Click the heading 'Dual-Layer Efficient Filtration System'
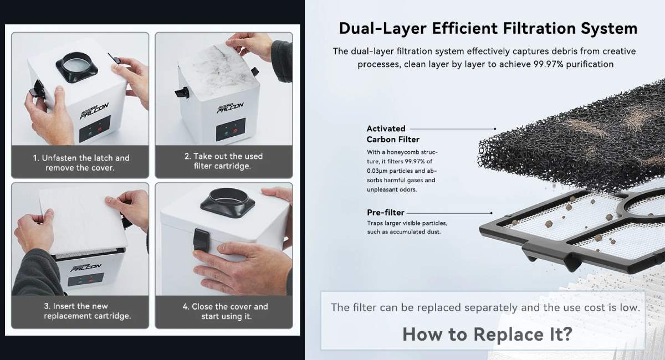coord(488,28)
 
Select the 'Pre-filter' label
coord(385,213)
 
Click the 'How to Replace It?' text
coord(487,334)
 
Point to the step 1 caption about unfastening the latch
coord(81,163)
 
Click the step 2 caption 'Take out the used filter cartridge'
coord(223,161)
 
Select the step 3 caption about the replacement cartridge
coord(87,311)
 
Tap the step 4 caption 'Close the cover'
coord(226,311)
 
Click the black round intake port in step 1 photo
coord(76,67)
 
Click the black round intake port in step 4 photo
coord(227,203)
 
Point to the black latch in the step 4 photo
coord(201,239)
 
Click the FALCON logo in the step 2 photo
coord(230,107)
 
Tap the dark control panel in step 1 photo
coord(95,129)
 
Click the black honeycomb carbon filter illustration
coord(573,140)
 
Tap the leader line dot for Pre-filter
coord(492,213)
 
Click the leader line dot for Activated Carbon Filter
coord(495,129)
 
